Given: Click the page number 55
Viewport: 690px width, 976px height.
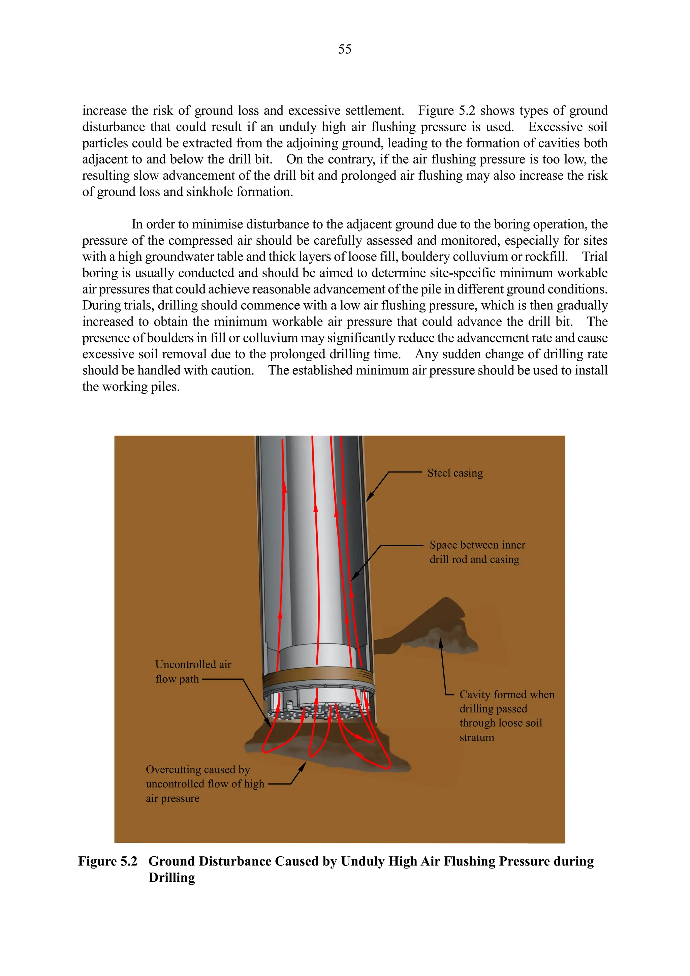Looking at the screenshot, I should point(345,49).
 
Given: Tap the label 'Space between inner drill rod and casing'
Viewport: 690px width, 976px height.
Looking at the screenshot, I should point(477,552).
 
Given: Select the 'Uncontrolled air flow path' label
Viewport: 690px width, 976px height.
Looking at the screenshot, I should point(193,672).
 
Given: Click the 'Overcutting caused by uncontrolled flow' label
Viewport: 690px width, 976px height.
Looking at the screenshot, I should point(205,784).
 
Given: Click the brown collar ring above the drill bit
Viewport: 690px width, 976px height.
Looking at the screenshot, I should point(318,675).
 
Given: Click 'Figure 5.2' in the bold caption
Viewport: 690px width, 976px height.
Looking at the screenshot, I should point(108,861).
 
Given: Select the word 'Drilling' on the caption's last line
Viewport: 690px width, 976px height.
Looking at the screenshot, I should point(171,877).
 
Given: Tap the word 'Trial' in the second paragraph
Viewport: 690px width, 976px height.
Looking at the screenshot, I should point(594,257).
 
